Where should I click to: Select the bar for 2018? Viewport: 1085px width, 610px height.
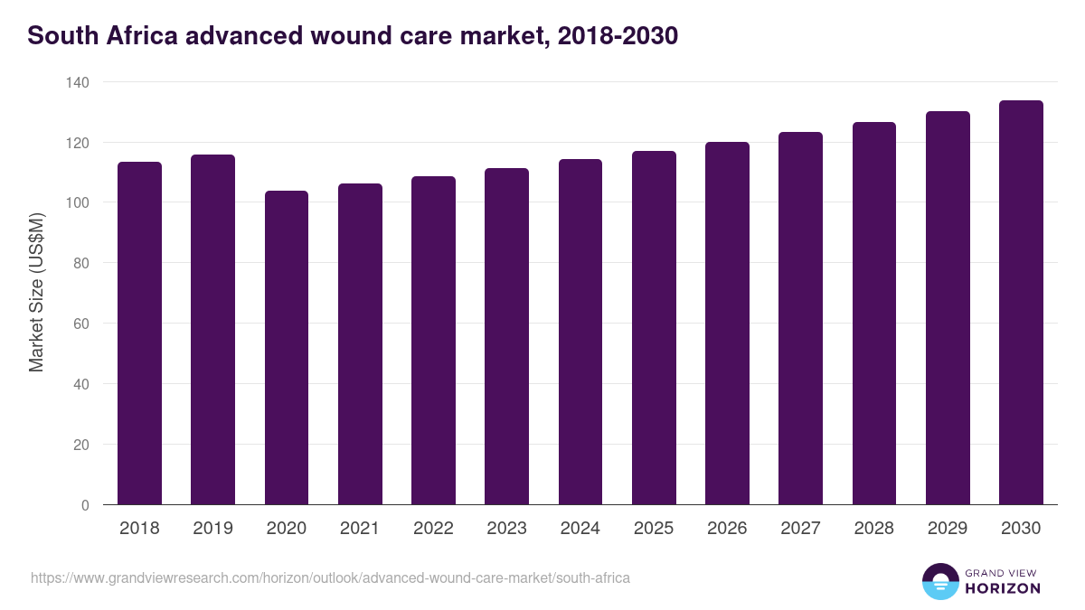[x=139, y=333]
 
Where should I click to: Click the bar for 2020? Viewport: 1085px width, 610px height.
[x=287, y=348]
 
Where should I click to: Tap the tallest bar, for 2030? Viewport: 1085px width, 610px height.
[x=1021, y=303]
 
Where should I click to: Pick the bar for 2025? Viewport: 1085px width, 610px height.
[x=654, y=328]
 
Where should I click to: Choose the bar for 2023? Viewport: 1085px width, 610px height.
[x=506, y=336]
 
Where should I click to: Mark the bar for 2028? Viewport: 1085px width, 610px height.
[x=873, y=314]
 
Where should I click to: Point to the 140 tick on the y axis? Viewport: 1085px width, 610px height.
[x=77, y=82]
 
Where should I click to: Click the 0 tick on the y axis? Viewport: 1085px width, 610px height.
[x=85, y=505]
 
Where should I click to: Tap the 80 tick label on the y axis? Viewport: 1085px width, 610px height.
[x=80, y=263]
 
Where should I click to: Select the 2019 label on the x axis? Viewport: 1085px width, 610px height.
[x=212, y=529]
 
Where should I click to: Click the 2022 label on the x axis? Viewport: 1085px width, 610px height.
[x=433, y=529]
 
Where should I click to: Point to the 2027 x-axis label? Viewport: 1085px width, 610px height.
[x=800, y=529]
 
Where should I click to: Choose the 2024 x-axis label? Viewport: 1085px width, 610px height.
[x=580, y=529]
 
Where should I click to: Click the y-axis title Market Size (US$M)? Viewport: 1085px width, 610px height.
[x=36, y=293]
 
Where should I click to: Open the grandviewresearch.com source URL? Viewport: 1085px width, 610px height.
[x=330, y=577]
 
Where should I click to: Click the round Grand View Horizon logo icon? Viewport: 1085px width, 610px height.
[x=939, y=581]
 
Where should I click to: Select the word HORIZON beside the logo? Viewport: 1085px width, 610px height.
[x=1003, y=588]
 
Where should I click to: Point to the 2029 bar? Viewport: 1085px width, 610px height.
[x=948, y=308]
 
